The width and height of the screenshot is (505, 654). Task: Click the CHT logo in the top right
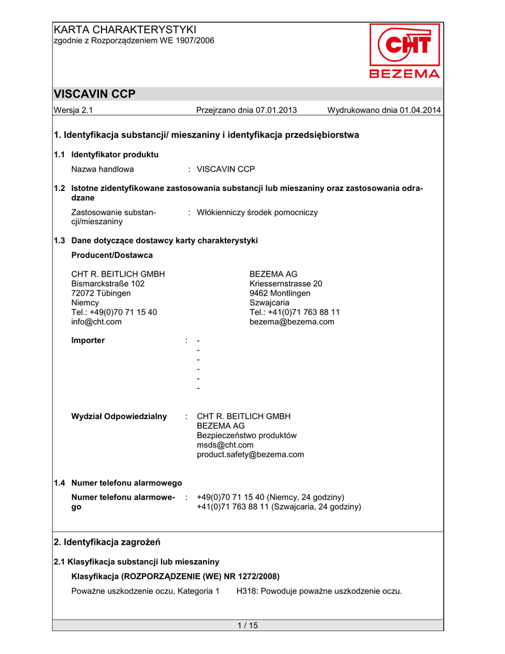pos(404,45)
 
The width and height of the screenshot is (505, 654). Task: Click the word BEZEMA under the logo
pos(405,73)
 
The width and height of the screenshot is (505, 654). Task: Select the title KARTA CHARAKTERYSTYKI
pos(125,29)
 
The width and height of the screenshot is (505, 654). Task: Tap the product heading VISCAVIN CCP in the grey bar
pos(94,94)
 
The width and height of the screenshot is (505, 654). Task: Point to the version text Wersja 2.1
pos(73,110)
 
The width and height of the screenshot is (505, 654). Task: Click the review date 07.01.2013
pos(276,110)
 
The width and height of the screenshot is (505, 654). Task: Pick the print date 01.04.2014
pos(420,110)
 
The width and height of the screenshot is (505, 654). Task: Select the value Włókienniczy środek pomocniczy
pos(257,212)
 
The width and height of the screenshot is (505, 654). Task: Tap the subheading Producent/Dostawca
pos(112,255)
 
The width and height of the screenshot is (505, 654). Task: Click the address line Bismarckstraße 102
pos(108,284)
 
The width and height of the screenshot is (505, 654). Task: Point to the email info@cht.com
pos(96,322)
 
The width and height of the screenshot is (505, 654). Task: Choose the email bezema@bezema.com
pos(292,322)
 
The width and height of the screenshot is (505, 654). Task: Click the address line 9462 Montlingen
pos(280,293)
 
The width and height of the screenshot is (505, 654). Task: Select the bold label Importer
pos(88,340)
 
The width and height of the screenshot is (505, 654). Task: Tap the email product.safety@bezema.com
pos(250,455)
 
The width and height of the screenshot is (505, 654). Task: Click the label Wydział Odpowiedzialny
pos(119,416)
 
